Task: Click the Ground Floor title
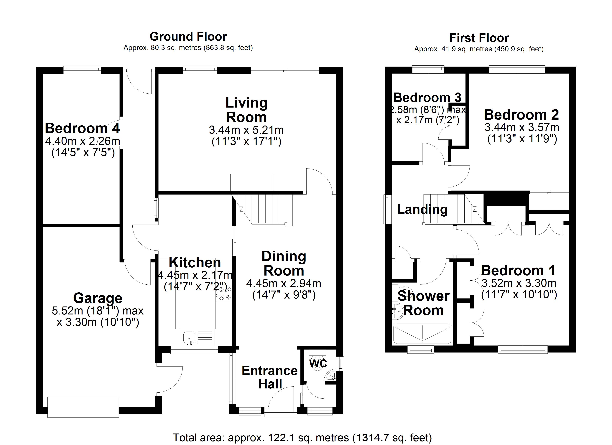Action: click(188, 36)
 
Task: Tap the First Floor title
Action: click(479, 38)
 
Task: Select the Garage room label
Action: click(98, 298)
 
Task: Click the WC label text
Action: click(318, 363)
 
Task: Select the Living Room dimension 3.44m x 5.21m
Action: click(246, 130)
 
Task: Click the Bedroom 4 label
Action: click(82, 128)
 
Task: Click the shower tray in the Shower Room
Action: click(422, 334)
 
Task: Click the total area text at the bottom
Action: click(302, 437)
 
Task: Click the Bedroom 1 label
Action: click(518, 270)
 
